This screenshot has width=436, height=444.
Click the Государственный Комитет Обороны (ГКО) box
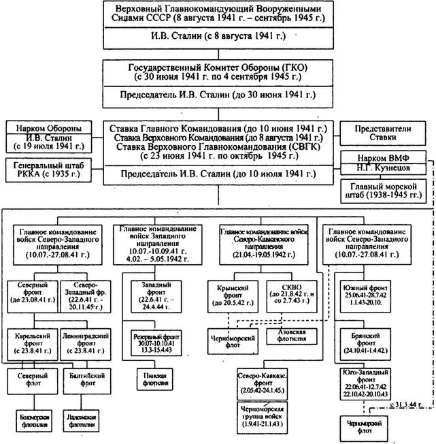217,73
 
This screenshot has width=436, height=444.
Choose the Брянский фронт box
366,340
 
